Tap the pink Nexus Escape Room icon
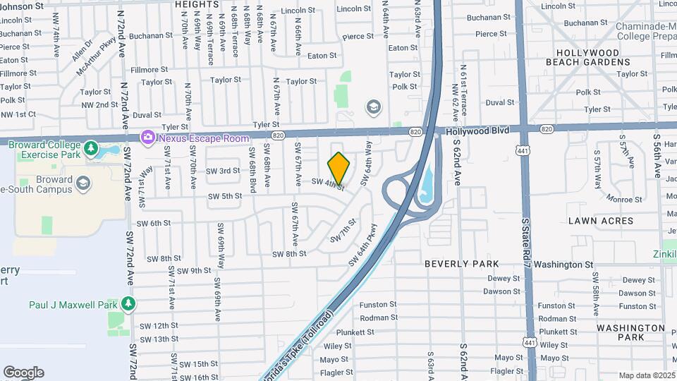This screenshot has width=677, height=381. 148,138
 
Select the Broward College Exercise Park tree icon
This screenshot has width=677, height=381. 90,149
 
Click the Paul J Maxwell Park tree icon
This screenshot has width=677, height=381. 128,304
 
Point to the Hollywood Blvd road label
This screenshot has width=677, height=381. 476,131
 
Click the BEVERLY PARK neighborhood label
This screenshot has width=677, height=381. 462,264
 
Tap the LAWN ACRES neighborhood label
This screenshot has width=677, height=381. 602,221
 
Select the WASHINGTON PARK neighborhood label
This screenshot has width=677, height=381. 630,332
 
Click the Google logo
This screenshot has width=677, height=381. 23,373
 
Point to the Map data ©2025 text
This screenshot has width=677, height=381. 647,375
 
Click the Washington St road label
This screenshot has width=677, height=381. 563,265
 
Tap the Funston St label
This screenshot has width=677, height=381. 378,305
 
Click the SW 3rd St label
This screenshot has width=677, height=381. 223,171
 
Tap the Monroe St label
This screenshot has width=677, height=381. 622,200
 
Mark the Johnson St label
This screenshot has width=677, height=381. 22,6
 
